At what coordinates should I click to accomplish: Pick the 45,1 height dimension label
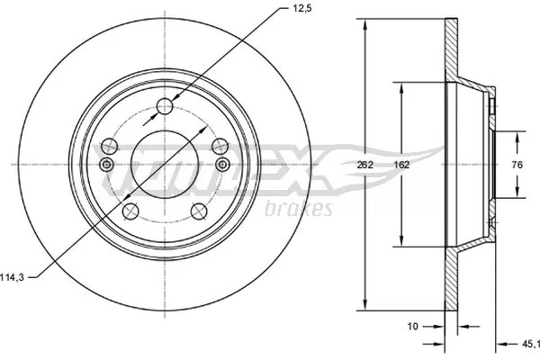pyautogui.click(x=530, y=342)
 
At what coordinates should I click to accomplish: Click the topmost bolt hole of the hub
pyautogui.click(x=164, y=108)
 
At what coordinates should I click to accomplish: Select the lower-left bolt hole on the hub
pyautogui.click(x=130, y=211)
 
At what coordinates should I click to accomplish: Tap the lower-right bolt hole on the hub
pyautogui.click(x=198, y=212)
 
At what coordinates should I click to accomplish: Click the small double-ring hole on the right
pyautogui.click(x=222, y=164)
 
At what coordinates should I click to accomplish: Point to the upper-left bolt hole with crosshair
pyautogui.click(x=110, y=144)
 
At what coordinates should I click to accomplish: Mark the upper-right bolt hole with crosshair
pyautogui.click(x=218, y=144)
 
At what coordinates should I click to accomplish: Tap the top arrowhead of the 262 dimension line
pyautogui.click(x=364, y=24)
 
